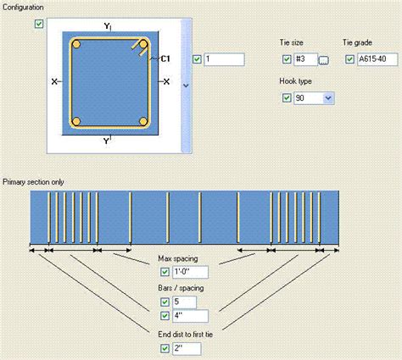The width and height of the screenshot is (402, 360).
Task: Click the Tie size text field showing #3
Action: [x=305, y=59]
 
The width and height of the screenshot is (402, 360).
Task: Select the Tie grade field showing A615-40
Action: [x=377, y=59]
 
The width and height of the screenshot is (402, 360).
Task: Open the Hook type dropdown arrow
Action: [x=328, y=98]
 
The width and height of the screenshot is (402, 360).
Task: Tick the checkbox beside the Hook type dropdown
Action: [x=287, y=98]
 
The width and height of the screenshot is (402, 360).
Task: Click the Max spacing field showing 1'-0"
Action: [x=190, y=272]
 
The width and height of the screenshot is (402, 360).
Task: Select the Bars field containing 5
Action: [x=184, y=302]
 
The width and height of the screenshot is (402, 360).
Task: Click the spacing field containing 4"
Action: [x=190, y=316]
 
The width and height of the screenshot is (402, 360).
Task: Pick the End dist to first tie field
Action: [x=187, y=349]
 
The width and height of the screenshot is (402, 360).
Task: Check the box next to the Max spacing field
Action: [x=165, y=272]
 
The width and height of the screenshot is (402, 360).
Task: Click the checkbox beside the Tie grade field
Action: [x=349, y=59]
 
